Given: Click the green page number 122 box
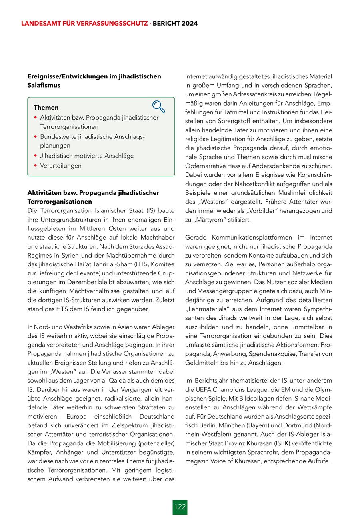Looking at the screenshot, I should [180, 507].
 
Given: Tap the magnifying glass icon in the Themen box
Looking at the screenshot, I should [158, 106].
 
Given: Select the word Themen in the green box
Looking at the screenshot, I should [46, 108].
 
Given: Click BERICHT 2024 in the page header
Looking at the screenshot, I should [176, 24].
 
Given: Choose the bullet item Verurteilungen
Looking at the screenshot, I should [60, 166].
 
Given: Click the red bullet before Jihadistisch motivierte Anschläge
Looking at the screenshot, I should [36, 156].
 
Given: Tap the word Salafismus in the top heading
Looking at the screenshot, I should [44, 85].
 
